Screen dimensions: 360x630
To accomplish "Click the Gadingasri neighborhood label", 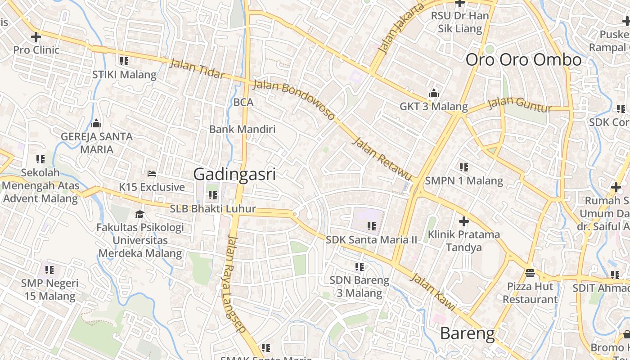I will pyautogui.click(x=234, y=174).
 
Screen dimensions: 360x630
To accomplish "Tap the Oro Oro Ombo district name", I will pyautogui.click(x=523, y=60).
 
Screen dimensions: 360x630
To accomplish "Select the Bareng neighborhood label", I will pyautogui.click(x=467, y=333).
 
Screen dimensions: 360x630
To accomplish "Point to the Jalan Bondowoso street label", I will pyautogui.click(x=294, y=100).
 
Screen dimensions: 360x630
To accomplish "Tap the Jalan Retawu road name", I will pyautogui.click(x=382, y=160).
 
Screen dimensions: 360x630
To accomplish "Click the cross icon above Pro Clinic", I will pyautogui.click(x=36, y=36).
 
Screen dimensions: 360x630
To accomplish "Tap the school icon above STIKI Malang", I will pyautogui.click(x=124, y=61).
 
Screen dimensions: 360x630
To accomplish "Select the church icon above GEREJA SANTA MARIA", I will pyautogui.click(x=96, y=123).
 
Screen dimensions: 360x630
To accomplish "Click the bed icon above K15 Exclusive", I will pyautogui.click(x=152, y=173).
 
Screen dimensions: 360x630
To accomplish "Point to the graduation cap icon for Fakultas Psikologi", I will pyautogui.click(x=140, y=214).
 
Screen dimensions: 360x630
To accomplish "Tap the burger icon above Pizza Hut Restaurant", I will pyautogui.click(x=530, y=273).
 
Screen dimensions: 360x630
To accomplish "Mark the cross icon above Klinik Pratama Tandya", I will pyautogui.click(x=463, y=221).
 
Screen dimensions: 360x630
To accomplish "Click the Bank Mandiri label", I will pyautogui.click(x=242, y=130).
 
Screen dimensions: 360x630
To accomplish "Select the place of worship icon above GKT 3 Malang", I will pyautogui.click(x=433, y=93).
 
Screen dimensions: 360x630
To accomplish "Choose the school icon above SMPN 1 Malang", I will pyautogui.click(x=463, y=167).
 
